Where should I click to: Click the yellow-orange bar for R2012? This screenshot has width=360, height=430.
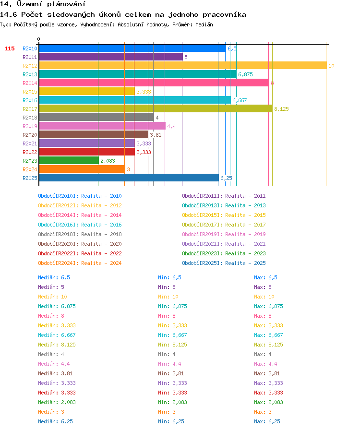click(x=183, y=66)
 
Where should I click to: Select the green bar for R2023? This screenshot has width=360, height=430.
click(x=69, y=160)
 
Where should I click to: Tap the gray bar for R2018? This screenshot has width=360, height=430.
click(x=96, y=118)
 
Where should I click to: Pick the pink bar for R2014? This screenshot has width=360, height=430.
click(x=154, y=83)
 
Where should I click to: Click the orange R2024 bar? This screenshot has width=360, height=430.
click(x=82, y=169)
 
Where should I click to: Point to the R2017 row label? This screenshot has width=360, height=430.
click(x=30, y=109)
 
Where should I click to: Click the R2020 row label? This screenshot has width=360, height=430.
click(x=30, y=135)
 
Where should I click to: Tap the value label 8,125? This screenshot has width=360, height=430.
click(x=281, y=109)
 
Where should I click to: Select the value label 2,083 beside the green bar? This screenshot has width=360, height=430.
click(x=108, y=161)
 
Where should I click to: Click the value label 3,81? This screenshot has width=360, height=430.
click(x=156, y=135)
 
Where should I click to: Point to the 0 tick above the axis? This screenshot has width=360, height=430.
click(x=38, y=39)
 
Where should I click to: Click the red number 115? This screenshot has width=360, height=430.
click(x=9, y=48)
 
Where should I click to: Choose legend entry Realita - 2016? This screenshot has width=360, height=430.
click(x=101, y=225)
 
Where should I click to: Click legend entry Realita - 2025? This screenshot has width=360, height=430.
click(x=245, y=263)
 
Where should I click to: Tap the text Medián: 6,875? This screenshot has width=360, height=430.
click(x=57, y=306)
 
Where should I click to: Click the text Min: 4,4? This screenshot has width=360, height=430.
click(x=169, y=364)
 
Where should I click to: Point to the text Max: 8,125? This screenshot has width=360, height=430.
click(x=268, y=345)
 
